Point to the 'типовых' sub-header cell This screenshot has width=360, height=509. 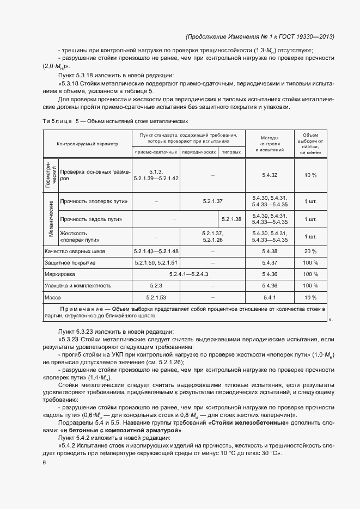point(231,152)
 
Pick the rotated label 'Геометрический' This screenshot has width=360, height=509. point(51,175)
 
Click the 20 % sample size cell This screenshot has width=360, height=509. point(310,252)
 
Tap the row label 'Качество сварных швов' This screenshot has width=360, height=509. point(75,252)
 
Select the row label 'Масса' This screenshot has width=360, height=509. point(53,297)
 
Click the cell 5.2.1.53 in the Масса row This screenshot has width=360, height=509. point(156,297)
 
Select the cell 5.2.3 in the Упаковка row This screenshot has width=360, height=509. point(156,285)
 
